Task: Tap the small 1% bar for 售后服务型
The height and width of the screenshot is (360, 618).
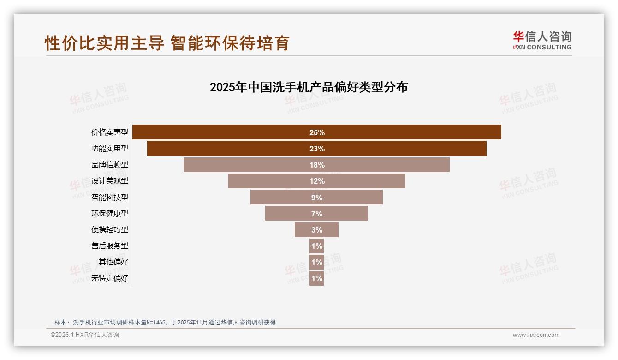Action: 316,246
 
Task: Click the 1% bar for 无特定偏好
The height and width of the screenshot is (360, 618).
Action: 316,278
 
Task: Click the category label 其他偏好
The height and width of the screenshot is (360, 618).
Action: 113,262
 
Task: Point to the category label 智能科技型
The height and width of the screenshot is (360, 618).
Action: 110,198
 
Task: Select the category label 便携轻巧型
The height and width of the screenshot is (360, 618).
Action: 110,230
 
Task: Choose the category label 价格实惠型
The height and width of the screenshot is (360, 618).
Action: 110,132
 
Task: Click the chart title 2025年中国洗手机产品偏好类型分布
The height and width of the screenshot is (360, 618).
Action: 309,87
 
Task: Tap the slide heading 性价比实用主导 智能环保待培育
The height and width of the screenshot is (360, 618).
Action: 167,43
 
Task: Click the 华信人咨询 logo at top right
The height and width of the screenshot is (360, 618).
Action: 542,40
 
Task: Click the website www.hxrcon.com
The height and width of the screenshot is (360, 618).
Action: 536,335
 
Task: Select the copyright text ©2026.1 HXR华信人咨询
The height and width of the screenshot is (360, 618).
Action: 85,335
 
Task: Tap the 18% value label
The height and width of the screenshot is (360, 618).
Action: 317,165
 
